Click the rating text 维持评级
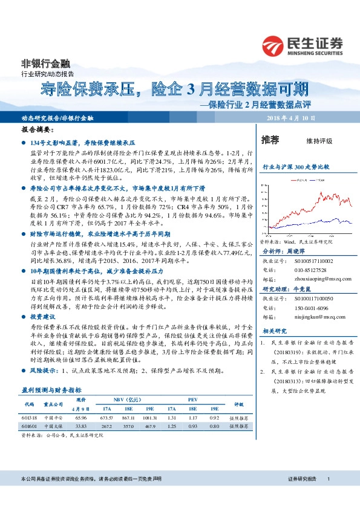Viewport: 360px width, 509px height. point(319,141)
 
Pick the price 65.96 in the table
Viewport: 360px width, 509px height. point(81,417)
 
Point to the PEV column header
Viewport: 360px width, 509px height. point(193,400)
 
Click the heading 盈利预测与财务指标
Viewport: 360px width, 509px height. point(51,390)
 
